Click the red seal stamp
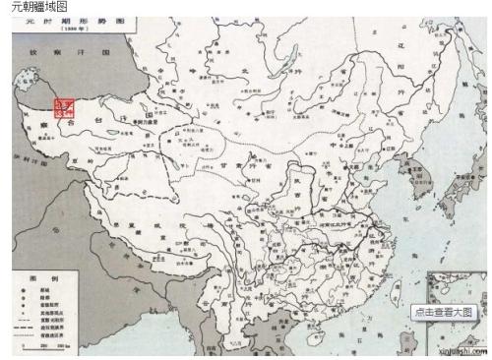[x=63, y=109]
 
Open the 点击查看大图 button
[x=445, y=312]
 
